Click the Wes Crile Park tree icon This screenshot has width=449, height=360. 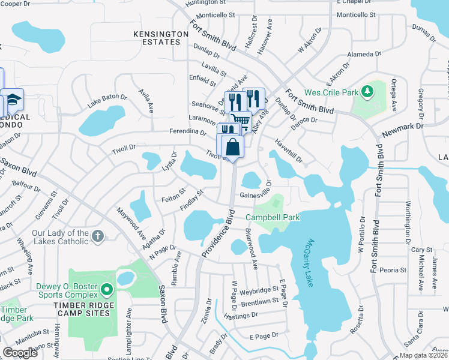coord(365,92)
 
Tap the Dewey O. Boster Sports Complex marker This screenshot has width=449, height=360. coord(107,290)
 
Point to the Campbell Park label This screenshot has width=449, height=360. coord(273,217)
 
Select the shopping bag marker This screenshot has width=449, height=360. coord(232,147)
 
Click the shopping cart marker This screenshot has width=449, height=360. coord(241,121)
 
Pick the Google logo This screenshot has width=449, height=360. coord(20,352)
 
